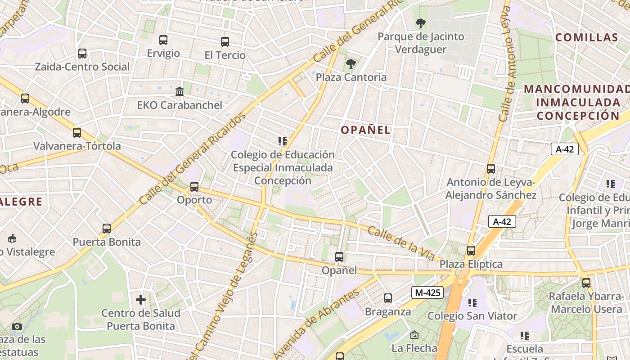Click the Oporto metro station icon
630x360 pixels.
coord(194,186)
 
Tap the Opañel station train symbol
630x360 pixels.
coord(339,257)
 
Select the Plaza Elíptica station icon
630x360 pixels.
coord(471,251)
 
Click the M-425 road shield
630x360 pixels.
coord(427,293)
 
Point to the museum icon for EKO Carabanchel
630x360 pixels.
coord(180,91)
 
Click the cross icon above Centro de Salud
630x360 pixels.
coord(141,299)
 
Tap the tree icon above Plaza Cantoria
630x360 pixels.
coord(351,64)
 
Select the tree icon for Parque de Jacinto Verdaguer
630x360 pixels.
coord(421,23)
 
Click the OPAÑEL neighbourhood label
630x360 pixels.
coord(365,130)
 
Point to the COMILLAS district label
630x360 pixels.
coord(587,37)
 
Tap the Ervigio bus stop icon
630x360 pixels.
coord(163,40)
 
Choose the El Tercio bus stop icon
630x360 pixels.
coord(225,42)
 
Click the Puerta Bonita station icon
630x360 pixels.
coord(107,229)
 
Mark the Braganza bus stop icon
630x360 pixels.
coord(387,298)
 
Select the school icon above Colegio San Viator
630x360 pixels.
coord(472,302)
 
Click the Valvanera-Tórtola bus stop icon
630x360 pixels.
coord(77,133)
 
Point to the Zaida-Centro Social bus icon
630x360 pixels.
coord(82,54)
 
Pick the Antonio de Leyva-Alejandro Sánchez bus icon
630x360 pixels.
coord(491,169)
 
